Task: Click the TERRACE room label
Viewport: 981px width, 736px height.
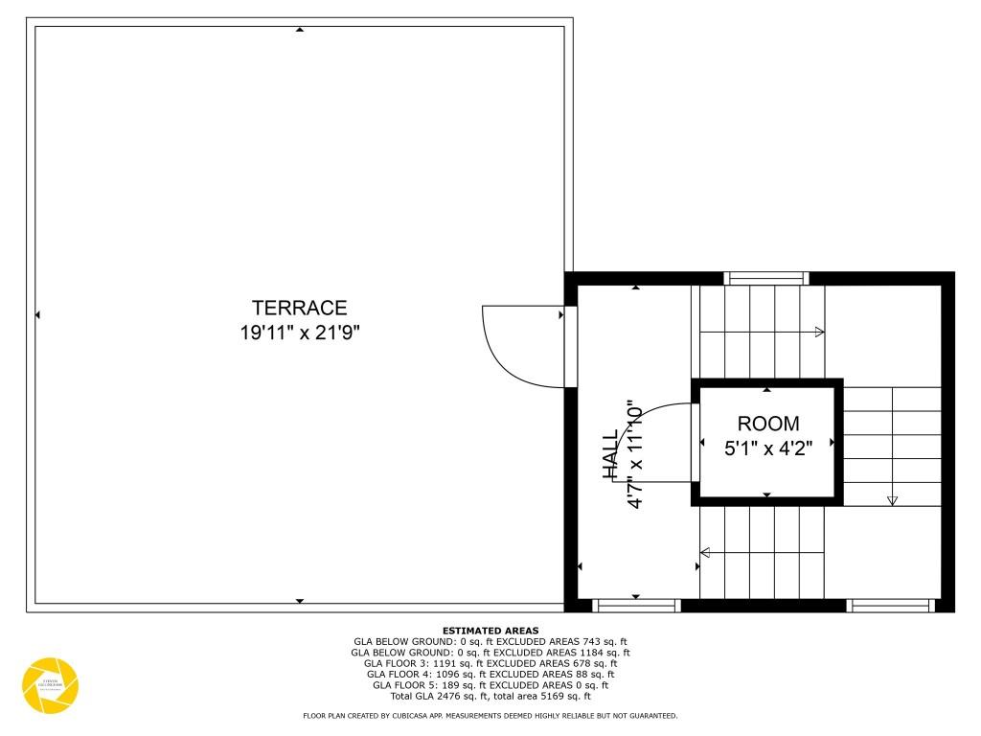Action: coord(299,308)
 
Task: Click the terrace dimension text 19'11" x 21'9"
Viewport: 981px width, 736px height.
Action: coord(299,333)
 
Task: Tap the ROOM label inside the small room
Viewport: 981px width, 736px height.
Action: coord(767,424)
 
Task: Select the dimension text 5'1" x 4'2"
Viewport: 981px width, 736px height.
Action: coord(767,448)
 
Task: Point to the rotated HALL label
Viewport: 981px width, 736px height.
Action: coord(611,454)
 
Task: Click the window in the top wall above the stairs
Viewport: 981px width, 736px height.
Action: coord(766,278)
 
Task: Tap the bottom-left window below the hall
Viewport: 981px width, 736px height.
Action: coord(636,605)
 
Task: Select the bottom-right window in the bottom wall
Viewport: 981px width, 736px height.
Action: coord(891,605)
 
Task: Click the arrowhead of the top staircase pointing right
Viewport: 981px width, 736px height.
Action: coord(819,332)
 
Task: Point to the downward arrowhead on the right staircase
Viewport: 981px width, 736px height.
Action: coord(893,499)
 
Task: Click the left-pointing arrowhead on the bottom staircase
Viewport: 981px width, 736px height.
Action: coord(706,552)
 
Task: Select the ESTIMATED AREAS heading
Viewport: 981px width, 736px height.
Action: coord(490,631)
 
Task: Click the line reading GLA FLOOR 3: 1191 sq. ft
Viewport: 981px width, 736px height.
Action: coord(490,663)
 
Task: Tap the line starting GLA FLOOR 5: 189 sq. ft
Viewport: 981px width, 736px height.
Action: coord(490,685)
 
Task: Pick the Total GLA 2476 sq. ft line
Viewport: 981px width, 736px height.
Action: coord(490,696)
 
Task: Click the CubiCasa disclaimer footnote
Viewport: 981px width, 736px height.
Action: coord(490,716)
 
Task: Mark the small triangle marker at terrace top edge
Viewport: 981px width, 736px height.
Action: coord(300,30)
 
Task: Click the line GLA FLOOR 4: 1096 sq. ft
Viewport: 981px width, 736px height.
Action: coord(490,674)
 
